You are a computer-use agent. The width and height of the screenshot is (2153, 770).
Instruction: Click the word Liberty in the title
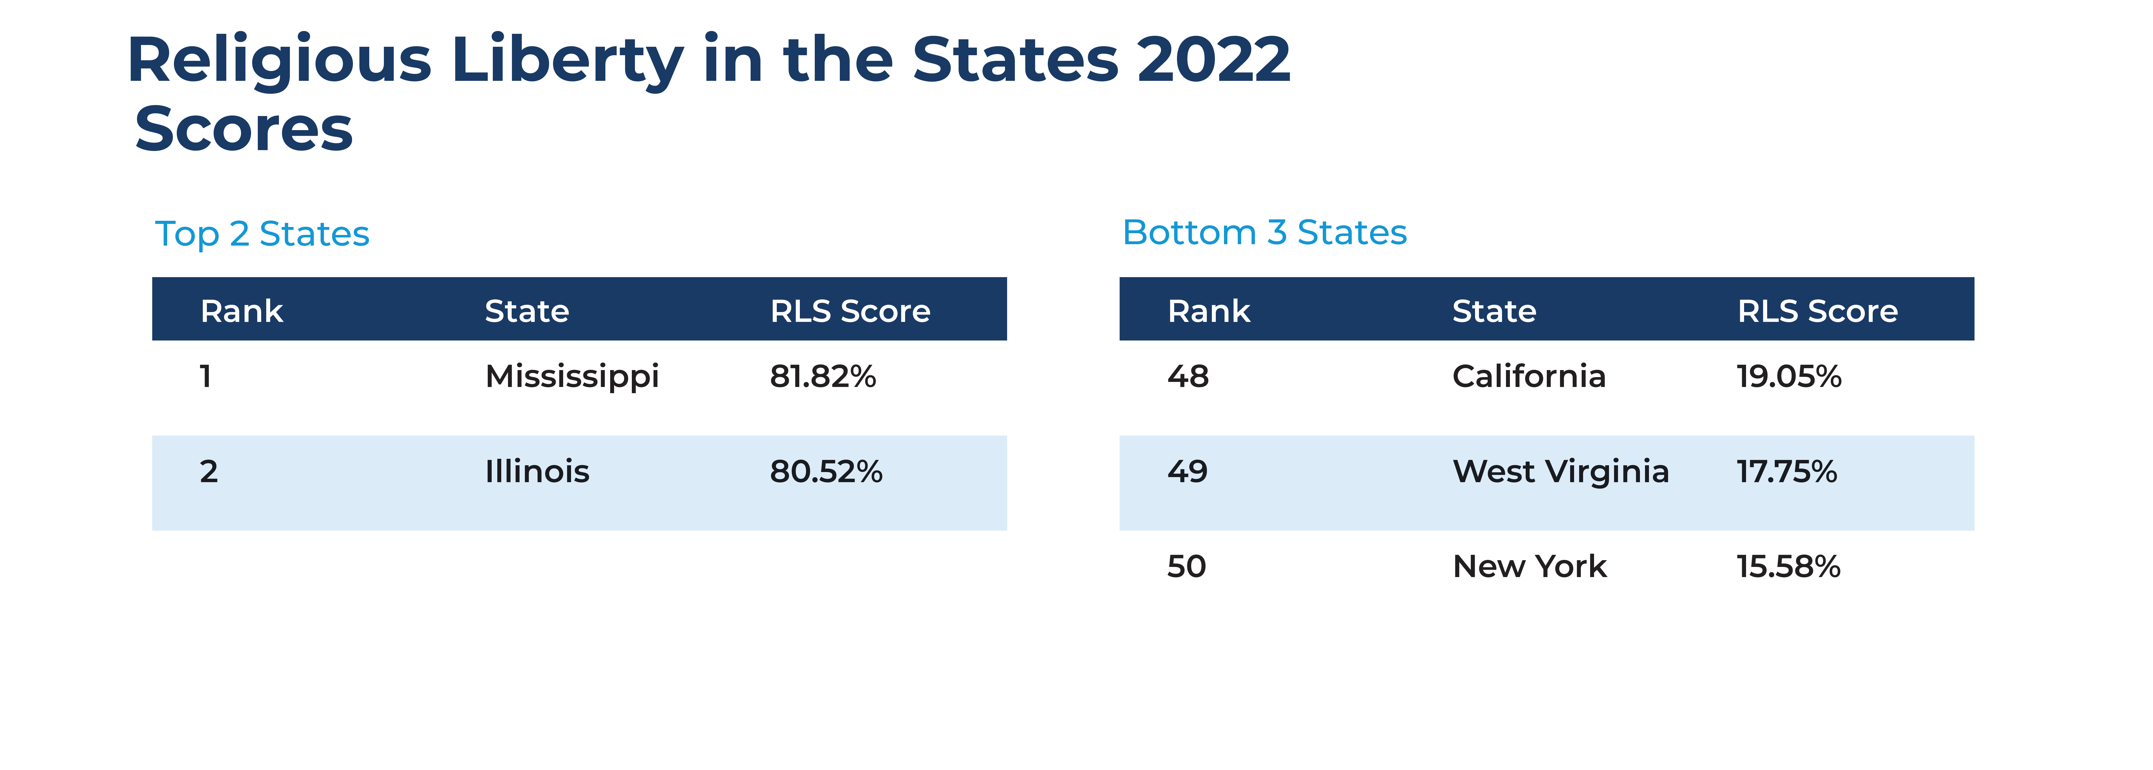567,61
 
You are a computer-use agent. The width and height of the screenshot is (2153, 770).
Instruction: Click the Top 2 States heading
262,234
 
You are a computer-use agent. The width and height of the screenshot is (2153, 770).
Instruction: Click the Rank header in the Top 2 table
241,311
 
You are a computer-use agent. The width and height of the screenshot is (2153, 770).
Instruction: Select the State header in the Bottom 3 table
1494,311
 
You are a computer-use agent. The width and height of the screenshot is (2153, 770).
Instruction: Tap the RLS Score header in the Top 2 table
850,311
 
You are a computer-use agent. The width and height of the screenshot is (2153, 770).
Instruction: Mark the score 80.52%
826,471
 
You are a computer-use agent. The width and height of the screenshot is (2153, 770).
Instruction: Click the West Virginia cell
1560,471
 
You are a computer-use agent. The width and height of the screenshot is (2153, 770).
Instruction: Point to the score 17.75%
1786,471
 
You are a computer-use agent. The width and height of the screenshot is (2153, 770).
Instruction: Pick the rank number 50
1186,567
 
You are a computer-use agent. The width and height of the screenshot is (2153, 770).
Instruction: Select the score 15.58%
1788,567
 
